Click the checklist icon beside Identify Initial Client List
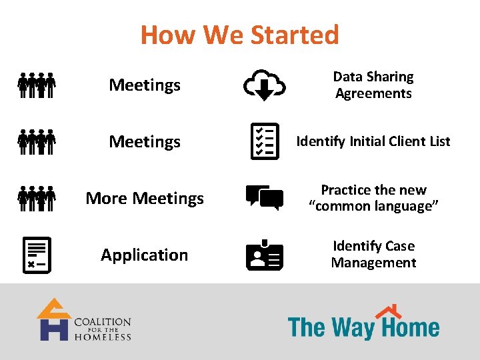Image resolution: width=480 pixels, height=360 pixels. (265, 141)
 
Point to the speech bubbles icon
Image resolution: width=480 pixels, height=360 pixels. (265, 197)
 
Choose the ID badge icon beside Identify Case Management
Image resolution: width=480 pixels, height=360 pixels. (265, 255)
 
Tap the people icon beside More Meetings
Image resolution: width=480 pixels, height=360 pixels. (37, 198)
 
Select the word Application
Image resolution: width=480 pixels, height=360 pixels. (145, 255)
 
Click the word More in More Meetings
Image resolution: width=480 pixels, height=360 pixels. (107, 198)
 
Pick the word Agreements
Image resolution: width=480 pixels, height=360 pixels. (373, 93)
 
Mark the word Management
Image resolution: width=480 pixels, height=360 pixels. (373, 263)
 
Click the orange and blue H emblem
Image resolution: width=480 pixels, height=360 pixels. (53, 320)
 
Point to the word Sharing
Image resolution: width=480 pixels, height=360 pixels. (391, 77)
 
